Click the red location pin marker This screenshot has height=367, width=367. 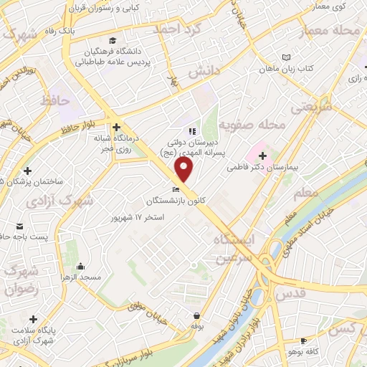click(x=184, y=169)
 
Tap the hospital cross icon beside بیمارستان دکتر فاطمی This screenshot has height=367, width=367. click(x=263, y=155)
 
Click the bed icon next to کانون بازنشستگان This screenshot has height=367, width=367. click(x=176, y=189)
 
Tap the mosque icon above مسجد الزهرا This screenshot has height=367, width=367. click(x=80, y=265)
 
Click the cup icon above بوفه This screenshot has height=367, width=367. click(x=197, y=315)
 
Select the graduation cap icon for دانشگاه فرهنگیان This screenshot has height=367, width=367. click(x=110, y=40)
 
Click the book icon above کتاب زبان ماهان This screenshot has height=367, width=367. click(x=287, y=57)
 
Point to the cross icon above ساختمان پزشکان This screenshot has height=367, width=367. click(x=27, y=171)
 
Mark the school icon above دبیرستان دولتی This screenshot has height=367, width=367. click(x=191, y=131)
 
